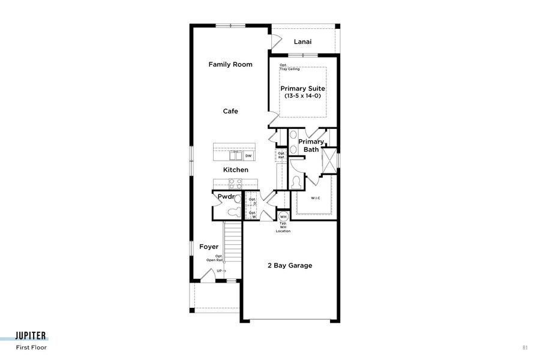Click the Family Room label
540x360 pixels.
point(230,64)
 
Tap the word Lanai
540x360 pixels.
point(302,42)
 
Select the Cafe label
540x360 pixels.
point(230,111)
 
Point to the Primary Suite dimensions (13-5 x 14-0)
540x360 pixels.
point(303,96)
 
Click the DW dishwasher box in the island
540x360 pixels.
point(248,156)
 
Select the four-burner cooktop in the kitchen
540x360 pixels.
point(220,184)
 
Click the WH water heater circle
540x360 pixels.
point(283,217)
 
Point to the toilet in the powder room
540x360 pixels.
point(233,211)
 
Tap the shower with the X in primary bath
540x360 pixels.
point(329,161)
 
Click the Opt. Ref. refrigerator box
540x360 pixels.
point(281,155)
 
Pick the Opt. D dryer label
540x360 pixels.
point(253,201)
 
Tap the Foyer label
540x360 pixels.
point(209,247)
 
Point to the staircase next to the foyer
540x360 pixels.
point(232,246)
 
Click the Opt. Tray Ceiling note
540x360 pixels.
point(289,67)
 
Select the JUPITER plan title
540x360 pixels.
point(31,336)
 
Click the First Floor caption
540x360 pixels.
point(31,347)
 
